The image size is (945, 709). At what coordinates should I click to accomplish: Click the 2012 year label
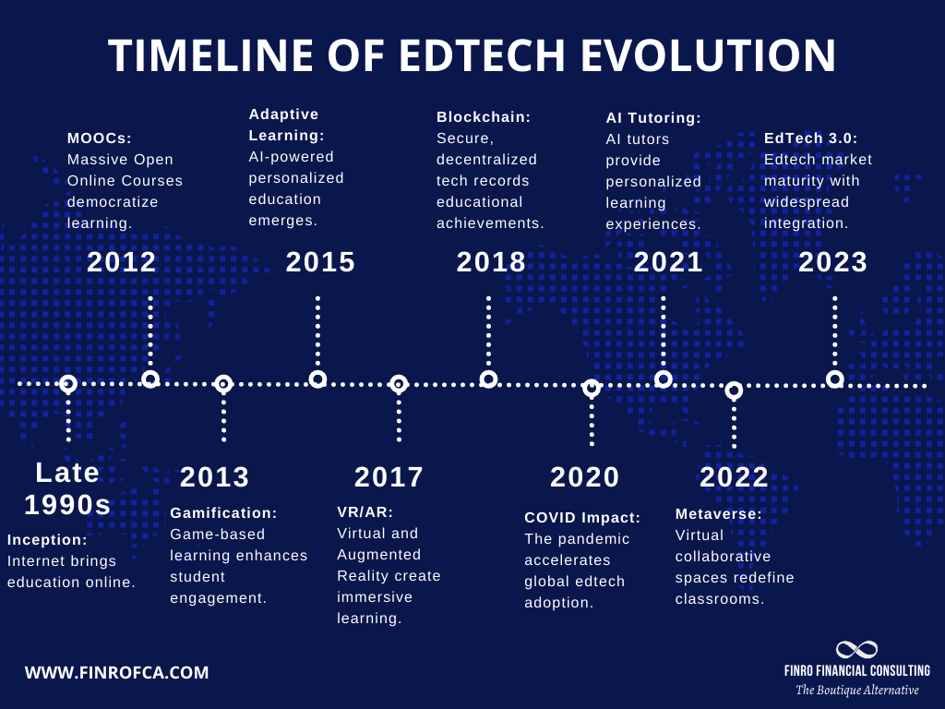click(x=122, y=262)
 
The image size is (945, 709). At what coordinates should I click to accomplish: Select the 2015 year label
click(x=320, y=262)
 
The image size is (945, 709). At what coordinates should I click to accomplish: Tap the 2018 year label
click(x=491, y=262)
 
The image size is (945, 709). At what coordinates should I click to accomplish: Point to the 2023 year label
click(x=832, y=262)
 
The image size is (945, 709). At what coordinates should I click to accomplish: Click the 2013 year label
click(x=214, y=477)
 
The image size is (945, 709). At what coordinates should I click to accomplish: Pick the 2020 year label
click(x=585, y=477)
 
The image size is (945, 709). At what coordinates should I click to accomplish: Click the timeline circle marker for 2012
click(x=150, y=379)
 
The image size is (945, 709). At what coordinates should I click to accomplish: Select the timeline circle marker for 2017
click(x=398, y=384)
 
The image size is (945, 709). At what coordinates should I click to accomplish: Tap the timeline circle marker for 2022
click(x=734, y=391)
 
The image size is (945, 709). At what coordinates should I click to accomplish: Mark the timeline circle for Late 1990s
click(x=67, y=384)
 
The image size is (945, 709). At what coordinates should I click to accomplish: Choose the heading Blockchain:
click(x=484, y=117)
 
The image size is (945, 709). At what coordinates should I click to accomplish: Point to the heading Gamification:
click(x=223, y=512)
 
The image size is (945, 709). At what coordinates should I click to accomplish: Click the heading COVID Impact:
click(x=582, y=518)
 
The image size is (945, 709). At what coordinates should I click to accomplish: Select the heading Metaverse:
click(x=719, y=514)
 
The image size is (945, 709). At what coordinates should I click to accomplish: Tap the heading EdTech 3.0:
click(x=810, y=138)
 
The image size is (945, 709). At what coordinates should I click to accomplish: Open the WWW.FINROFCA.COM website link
click(x=116, y=673)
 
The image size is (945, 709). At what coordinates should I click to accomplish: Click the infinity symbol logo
click(x=856, y=650)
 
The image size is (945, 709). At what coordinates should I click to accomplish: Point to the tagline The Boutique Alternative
click(x=857, y=691)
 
